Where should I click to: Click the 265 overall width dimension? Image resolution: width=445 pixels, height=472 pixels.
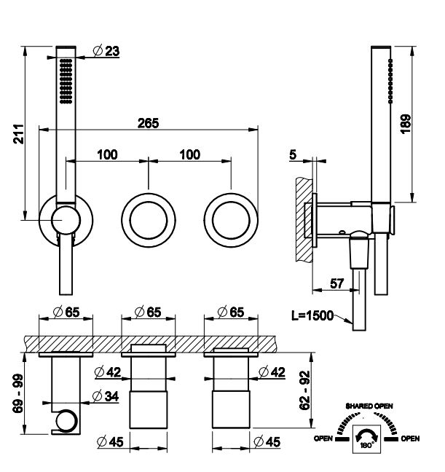pyautogui.click(x=148, y=123)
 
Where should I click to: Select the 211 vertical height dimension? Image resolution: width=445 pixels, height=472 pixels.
pyautogui.click(x=19, y=133)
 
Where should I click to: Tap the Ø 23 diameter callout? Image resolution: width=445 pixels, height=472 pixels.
pyautogui.click(x=106, y=50)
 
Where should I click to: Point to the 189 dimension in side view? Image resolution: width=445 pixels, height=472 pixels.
pyautogui.click(x=406, y=124)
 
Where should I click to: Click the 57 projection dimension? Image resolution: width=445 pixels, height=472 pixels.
pyautogui.click(x=336, y=283)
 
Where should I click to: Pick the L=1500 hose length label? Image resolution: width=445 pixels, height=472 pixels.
pyautogui.click(x=312, y=315)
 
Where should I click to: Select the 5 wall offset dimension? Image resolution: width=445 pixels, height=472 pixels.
pyautogui.click(x=293, y=154)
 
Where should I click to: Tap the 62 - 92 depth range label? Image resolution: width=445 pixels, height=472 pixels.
pyautogui.click(x=304, y=390)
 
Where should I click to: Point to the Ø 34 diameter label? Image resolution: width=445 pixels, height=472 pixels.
pyautogui.click(x=106, y=396)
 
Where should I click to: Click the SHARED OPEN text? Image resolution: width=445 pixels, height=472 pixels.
pyautogui.click(x=369, y=406)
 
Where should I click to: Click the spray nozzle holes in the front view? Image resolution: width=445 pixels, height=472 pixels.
pyautogui.click(x=66, y=82)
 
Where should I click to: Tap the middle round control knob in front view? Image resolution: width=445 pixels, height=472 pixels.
pyautogui.click(x=149, y=221)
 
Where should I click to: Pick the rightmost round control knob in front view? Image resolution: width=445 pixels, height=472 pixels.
pyautogui.click(x=231, y=221)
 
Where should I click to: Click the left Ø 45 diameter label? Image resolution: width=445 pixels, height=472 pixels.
pyautogui.click(x=110, y=441)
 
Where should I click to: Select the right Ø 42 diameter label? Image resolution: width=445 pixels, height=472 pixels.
pyautogui.click(x=272, y=372)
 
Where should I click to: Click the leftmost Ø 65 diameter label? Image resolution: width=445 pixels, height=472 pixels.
pyautogui.click(x=66, y=312)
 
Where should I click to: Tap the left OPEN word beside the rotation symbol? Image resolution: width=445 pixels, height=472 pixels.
pyautogui.click(x=323, y=438)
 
